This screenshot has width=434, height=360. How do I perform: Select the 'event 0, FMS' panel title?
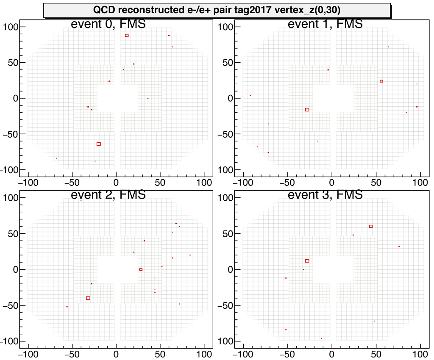pyautogui.click(x=108, y=24)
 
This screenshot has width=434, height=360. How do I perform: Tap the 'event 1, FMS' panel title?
pyautogui.click(x=325, y=24)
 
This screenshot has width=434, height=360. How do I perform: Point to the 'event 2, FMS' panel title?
pyautogui.click(x=108, y=195)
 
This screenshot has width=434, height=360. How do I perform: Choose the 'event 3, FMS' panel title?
pyautogui.click(x=325, y=195)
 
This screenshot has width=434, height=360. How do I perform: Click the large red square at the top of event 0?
pyautogui.click(x=127, y=36)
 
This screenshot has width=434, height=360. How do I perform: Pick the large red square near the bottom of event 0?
pyautogui.click(x=99, y=144)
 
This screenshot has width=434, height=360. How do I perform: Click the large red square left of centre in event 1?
pyautogui.click(x=307, y=110)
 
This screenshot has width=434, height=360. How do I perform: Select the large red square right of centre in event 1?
pyautogui.click(x=381, y=81)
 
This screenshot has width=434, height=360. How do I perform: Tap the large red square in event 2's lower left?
pyautogui.click(x=88, y=298)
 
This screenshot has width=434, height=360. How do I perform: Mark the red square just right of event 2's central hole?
pyautogui.click(x=141, y=269)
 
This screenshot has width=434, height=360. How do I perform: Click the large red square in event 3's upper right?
pyautogui.click(x=371, y=227)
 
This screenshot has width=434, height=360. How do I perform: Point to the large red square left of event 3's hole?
pyautogui.click(x=307, y=261)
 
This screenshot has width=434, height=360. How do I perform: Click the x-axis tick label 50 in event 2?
pyautogui.click(x=160, y=352)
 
